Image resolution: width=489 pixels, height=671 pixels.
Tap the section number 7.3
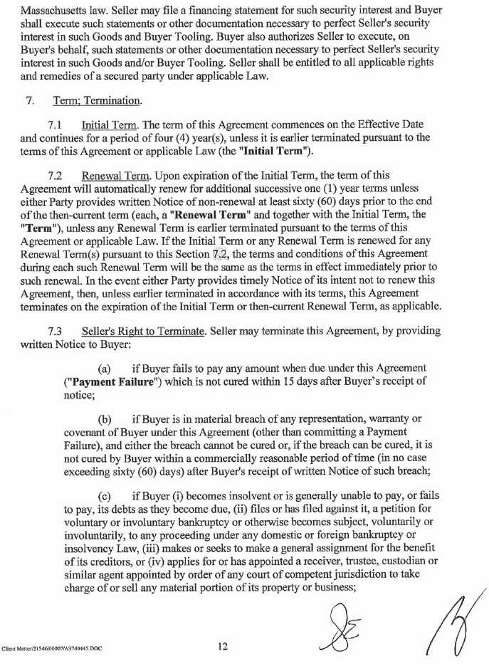pyautogui.click(x=57, y=331)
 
